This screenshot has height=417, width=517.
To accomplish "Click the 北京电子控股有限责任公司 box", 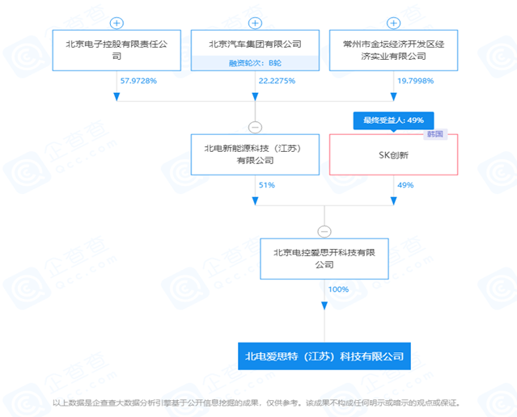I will (x=117, y=50).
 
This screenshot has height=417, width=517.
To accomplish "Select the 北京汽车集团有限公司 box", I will (x=254, y=44).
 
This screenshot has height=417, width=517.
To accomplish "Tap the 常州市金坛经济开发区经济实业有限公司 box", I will (x=393, y=50).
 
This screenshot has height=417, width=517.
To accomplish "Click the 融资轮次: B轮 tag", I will (x=254, y=61).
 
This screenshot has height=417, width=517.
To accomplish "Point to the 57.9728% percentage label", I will (x=138, y=81).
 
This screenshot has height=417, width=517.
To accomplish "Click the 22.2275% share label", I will (x=277, y=81).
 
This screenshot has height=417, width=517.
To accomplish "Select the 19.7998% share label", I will (x=415, y=81).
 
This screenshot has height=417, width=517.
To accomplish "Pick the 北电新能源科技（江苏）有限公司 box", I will (x=255, y=154).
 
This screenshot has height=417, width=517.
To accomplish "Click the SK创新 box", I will (x=393, y=154).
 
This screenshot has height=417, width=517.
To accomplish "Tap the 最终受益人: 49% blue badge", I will (x=393, y=120).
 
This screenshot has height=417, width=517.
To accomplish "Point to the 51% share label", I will (x=266, y=185).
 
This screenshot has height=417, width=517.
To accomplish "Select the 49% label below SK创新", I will (x=405, y=185).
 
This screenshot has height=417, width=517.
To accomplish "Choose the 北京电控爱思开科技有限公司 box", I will (x=324, y=259).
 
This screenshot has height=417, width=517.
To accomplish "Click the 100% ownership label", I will (x=338, y=289).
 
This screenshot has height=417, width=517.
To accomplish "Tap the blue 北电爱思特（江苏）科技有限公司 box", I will (x=324, y=355).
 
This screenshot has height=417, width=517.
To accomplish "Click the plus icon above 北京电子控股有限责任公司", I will (x=117, y=23).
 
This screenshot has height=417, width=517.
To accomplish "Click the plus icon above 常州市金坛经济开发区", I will (x=393, y=23).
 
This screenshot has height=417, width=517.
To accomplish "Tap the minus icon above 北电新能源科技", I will (x=255, y=126).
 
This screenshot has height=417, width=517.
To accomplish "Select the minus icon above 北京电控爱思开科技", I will (x=324, y=231).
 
